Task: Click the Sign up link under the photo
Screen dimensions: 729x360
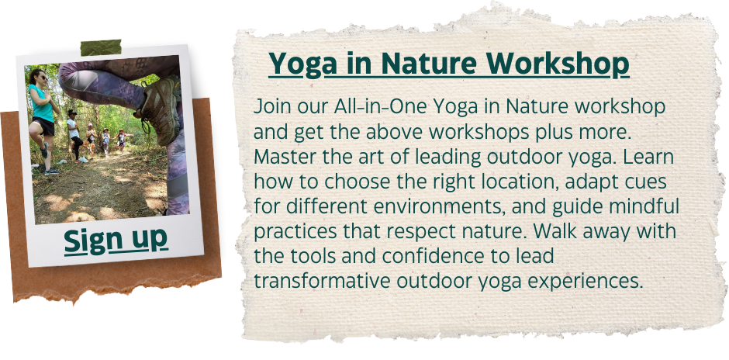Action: [x=116, y=241]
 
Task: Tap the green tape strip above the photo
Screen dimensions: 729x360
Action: [x=101, y=47]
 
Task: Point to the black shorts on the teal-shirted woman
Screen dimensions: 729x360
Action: [x=43, y=126]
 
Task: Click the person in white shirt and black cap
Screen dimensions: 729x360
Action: [x=74, y=134]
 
